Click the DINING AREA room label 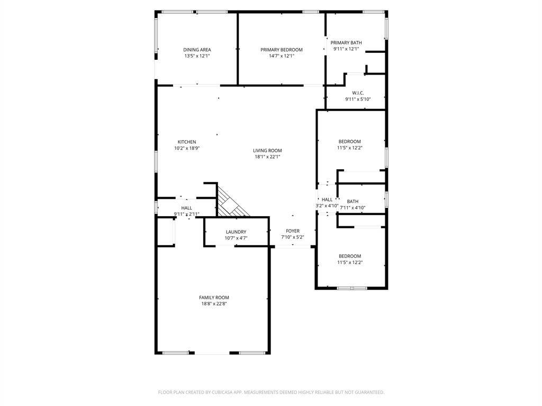click(x=197, y=50)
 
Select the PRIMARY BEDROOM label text click(x=281, y=50)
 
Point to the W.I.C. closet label click(x=358, y=93)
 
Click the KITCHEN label click(x=186, y=142)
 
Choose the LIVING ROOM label click(x=267, y=150)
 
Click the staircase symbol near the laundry click(x=231, y=204)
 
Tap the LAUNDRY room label click(x=236, y=232)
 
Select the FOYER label click(x=293, y=231)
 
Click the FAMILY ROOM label click(x=214, y=298)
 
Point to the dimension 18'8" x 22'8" click(x=214, y=304)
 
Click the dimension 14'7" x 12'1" click(x=281, y=56)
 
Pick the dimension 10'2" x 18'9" click(x=186, y=149)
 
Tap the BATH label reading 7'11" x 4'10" click(x=353, y=201)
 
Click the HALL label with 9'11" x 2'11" click(x=186, y=208)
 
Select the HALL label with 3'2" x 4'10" click(x=327, y=199)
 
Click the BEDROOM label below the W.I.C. click(x=349, y=141)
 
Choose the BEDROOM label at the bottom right click(x=349, y=256)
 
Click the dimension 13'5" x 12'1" click(x=197, y=56)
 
